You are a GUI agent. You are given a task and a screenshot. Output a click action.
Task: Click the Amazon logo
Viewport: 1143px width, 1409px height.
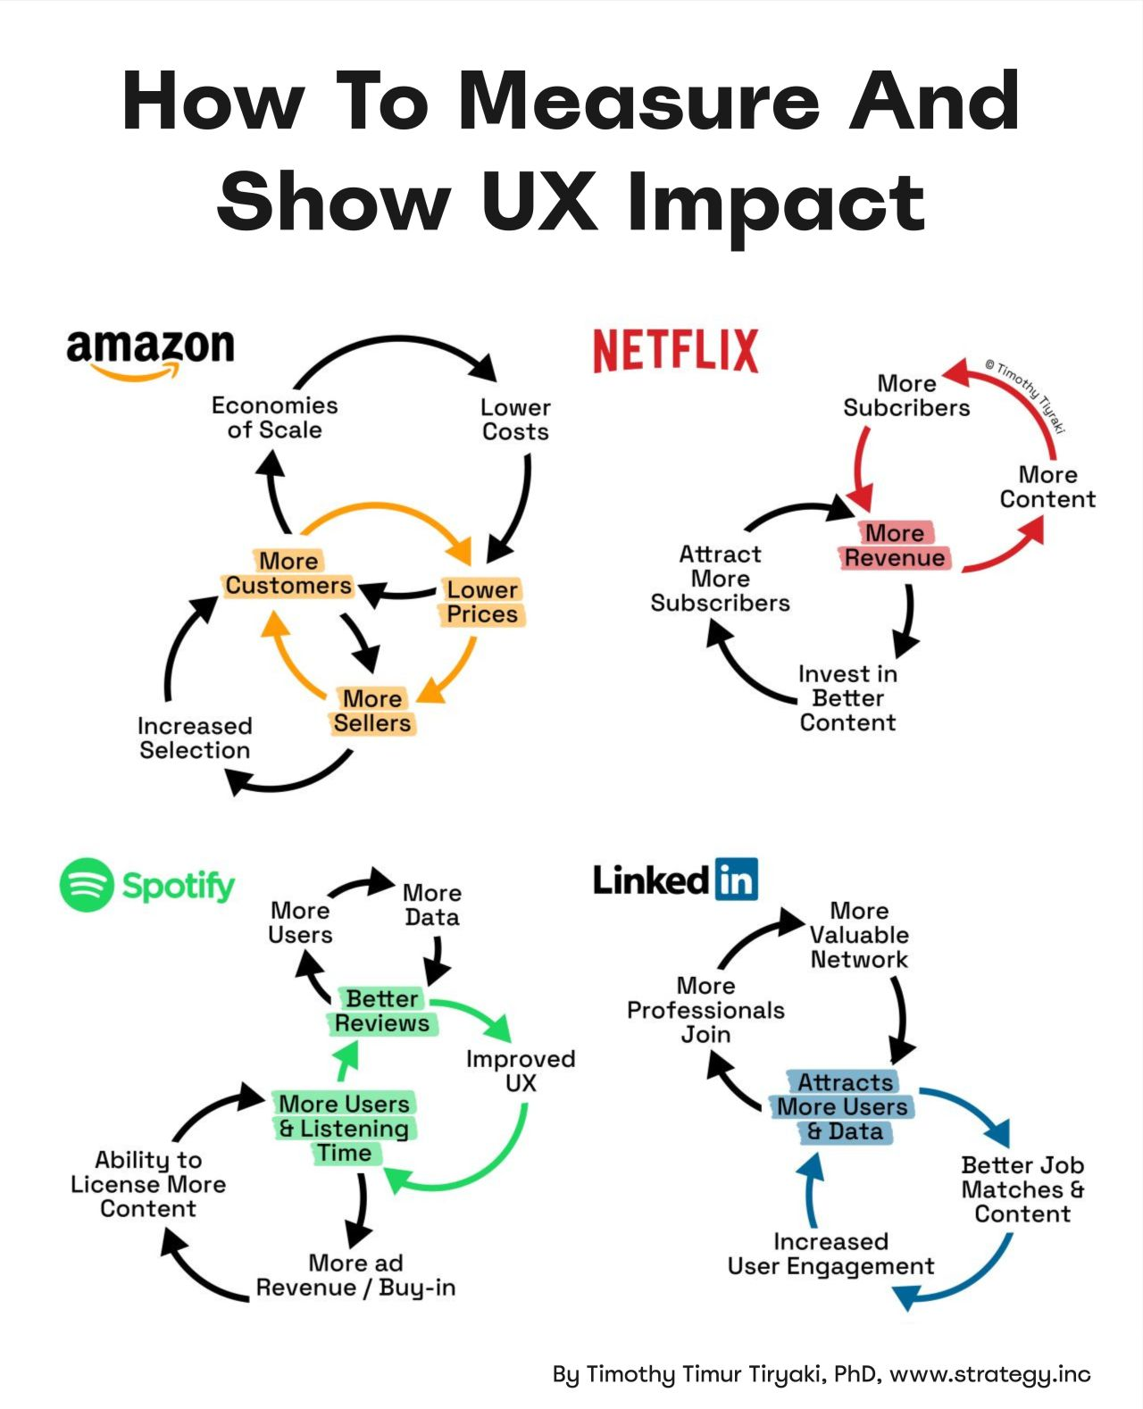[150, 352]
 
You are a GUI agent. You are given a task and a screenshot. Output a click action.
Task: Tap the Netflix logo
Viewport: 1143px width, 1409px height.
[676, 350]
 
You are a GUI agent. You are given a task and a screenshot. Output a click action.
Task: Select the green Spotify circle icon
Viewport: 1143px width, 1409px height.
[87, 885]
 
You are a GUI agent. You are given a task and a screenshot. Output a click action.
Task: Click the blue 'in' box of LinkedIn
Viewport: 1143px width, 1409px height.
[736, 880]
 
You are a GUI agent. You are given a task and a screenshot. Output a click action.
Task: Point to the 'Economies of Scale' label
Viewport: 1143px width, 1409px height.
[274, 418]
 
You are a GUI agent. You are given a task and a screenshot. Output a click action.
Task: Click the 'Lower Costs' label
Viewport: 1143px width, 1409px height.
[515, 420]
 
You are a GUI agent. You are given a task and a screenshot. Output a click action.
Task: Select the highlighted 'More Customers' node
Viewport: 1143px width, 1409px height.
[288, 573]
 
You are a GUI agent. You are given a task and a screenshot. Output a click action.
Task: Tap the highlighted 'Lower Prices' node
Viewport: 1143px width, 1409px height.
[482, 602]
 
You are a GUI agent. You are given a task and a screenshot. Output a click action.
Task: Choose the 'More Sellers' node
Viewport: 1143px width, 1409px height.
[372, 711]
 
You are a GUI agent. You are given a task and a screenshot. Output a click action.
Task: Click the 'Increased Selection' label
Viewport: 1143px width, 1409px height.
[195, 738]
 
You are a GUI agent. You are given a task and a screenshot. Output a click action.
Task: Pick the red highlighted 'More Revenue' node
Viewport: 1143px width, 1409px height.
[895, 546]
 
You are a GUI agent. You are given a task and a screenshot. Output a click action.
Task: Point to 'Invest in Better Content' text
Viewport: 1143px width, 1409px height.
[847, 698]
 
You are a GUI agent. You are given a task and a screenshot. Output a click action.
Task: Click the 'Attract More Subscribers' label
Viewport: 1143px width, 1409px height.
[720, 579]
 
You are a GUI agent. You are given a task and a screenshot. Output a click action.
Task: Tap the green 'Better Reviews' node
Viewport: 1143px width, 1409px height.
[382, 1011]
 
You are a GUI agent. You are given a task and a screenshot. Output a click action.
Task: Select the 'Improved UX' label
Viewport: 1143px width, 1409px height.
[521, 1071]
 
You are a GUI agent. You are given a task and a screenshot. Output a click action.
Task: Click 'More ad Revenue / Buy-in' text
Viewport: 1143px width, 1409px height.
[355, 1275]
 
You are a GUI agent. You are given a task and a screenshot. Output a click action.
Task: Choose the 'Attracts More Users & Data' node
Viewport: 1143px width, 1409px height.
[843, 1107]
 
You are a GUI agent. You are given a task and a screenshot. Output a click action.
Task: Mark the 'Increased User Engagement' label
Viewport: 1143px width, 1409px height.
[830, 1254]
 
